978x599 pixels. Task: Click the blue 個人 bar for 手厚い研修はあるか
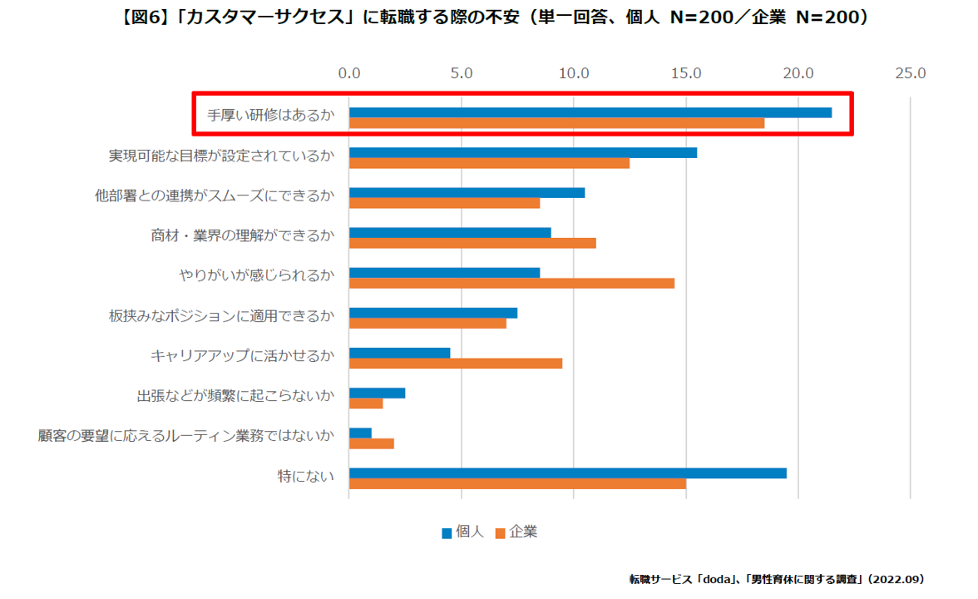point(590,112)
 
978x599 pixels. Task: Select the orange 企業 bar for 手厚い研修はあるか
point(556,123)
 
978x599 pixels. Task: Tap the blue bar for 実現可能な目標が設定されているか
point(523,152)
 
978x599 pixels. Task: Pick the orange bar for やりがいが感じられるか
point(511,283)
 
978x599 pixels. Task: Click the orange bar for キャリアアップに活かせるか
point(456,363)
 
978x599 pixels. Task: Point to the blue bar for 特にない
point(568,473)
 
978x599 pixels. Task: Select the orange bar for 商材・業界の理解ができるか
point(472,243)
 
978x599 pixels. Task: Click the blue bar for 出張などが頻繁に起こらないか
point(378,393)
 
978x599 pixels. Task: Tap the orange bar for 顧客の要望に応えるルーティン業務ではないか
point(372,443)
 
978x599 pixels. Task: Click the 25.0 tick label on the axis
point(910,73)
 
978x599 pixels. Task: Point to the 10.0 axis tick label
point(574,73)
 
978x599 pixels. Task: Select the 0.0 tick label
point(349,73)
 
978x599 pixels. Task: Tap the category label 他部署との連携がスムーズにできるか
point(215,196)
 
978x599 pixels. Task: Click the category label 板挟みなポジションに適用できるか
point(221,316)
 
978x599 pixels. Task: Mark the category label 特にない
point(306,477)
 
